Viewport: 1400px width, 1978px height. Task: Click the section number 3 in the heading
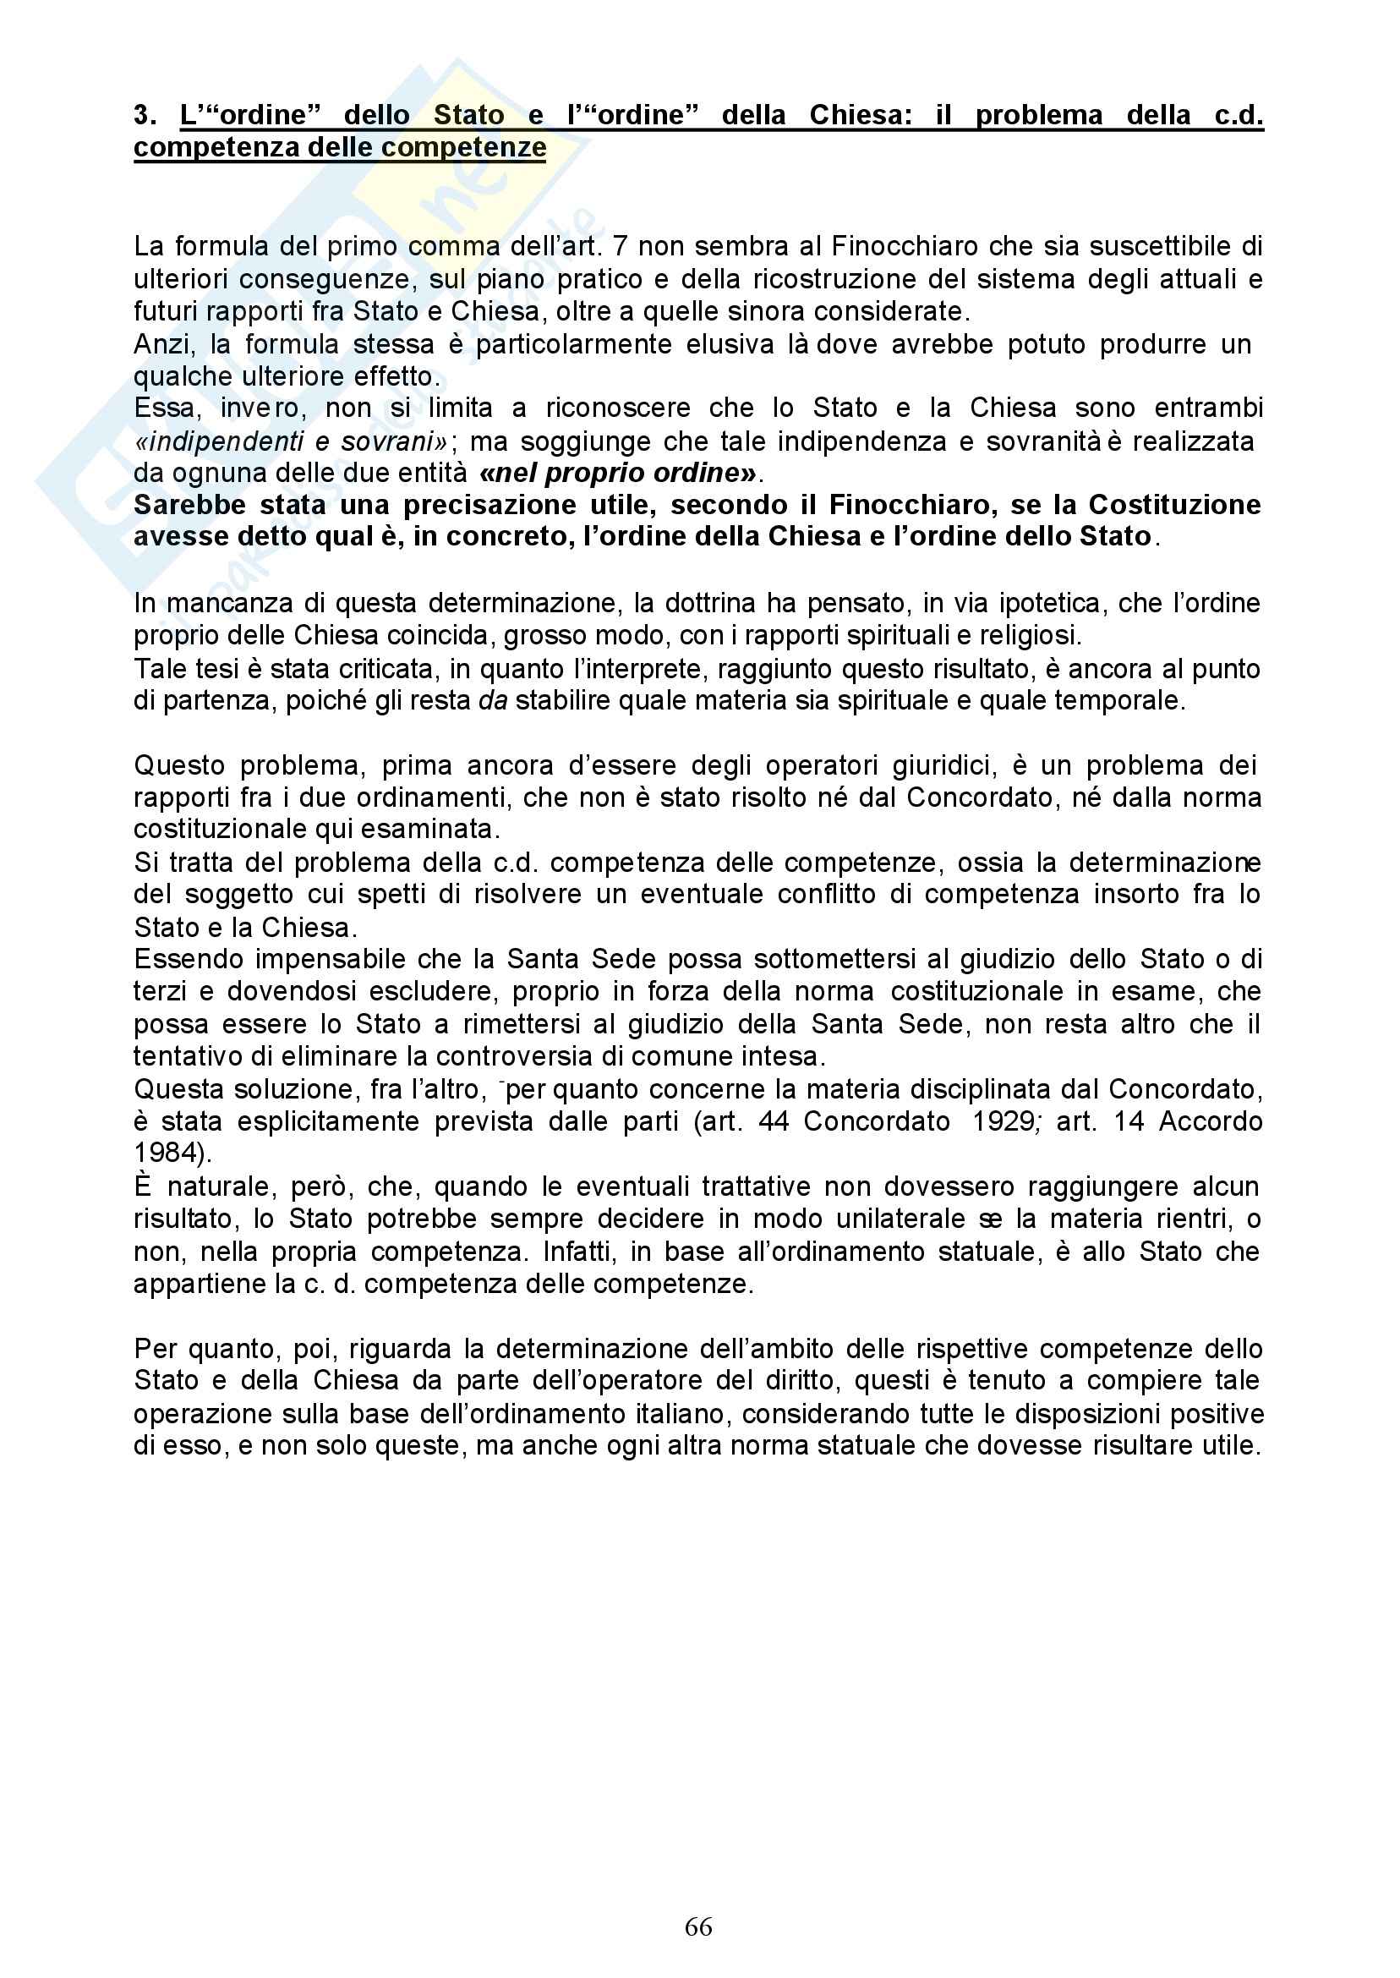143,115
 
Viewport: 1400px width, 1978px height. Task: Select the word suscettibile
1158,247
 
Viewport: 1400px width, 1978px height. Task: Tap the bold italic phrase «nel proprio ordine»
619,474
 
